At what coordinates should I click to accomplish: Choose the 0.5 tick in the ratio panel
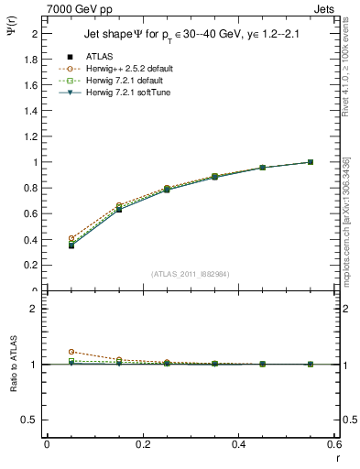point(30,420)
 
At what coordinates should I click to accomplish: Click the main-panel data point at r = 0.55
point(311,162)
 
